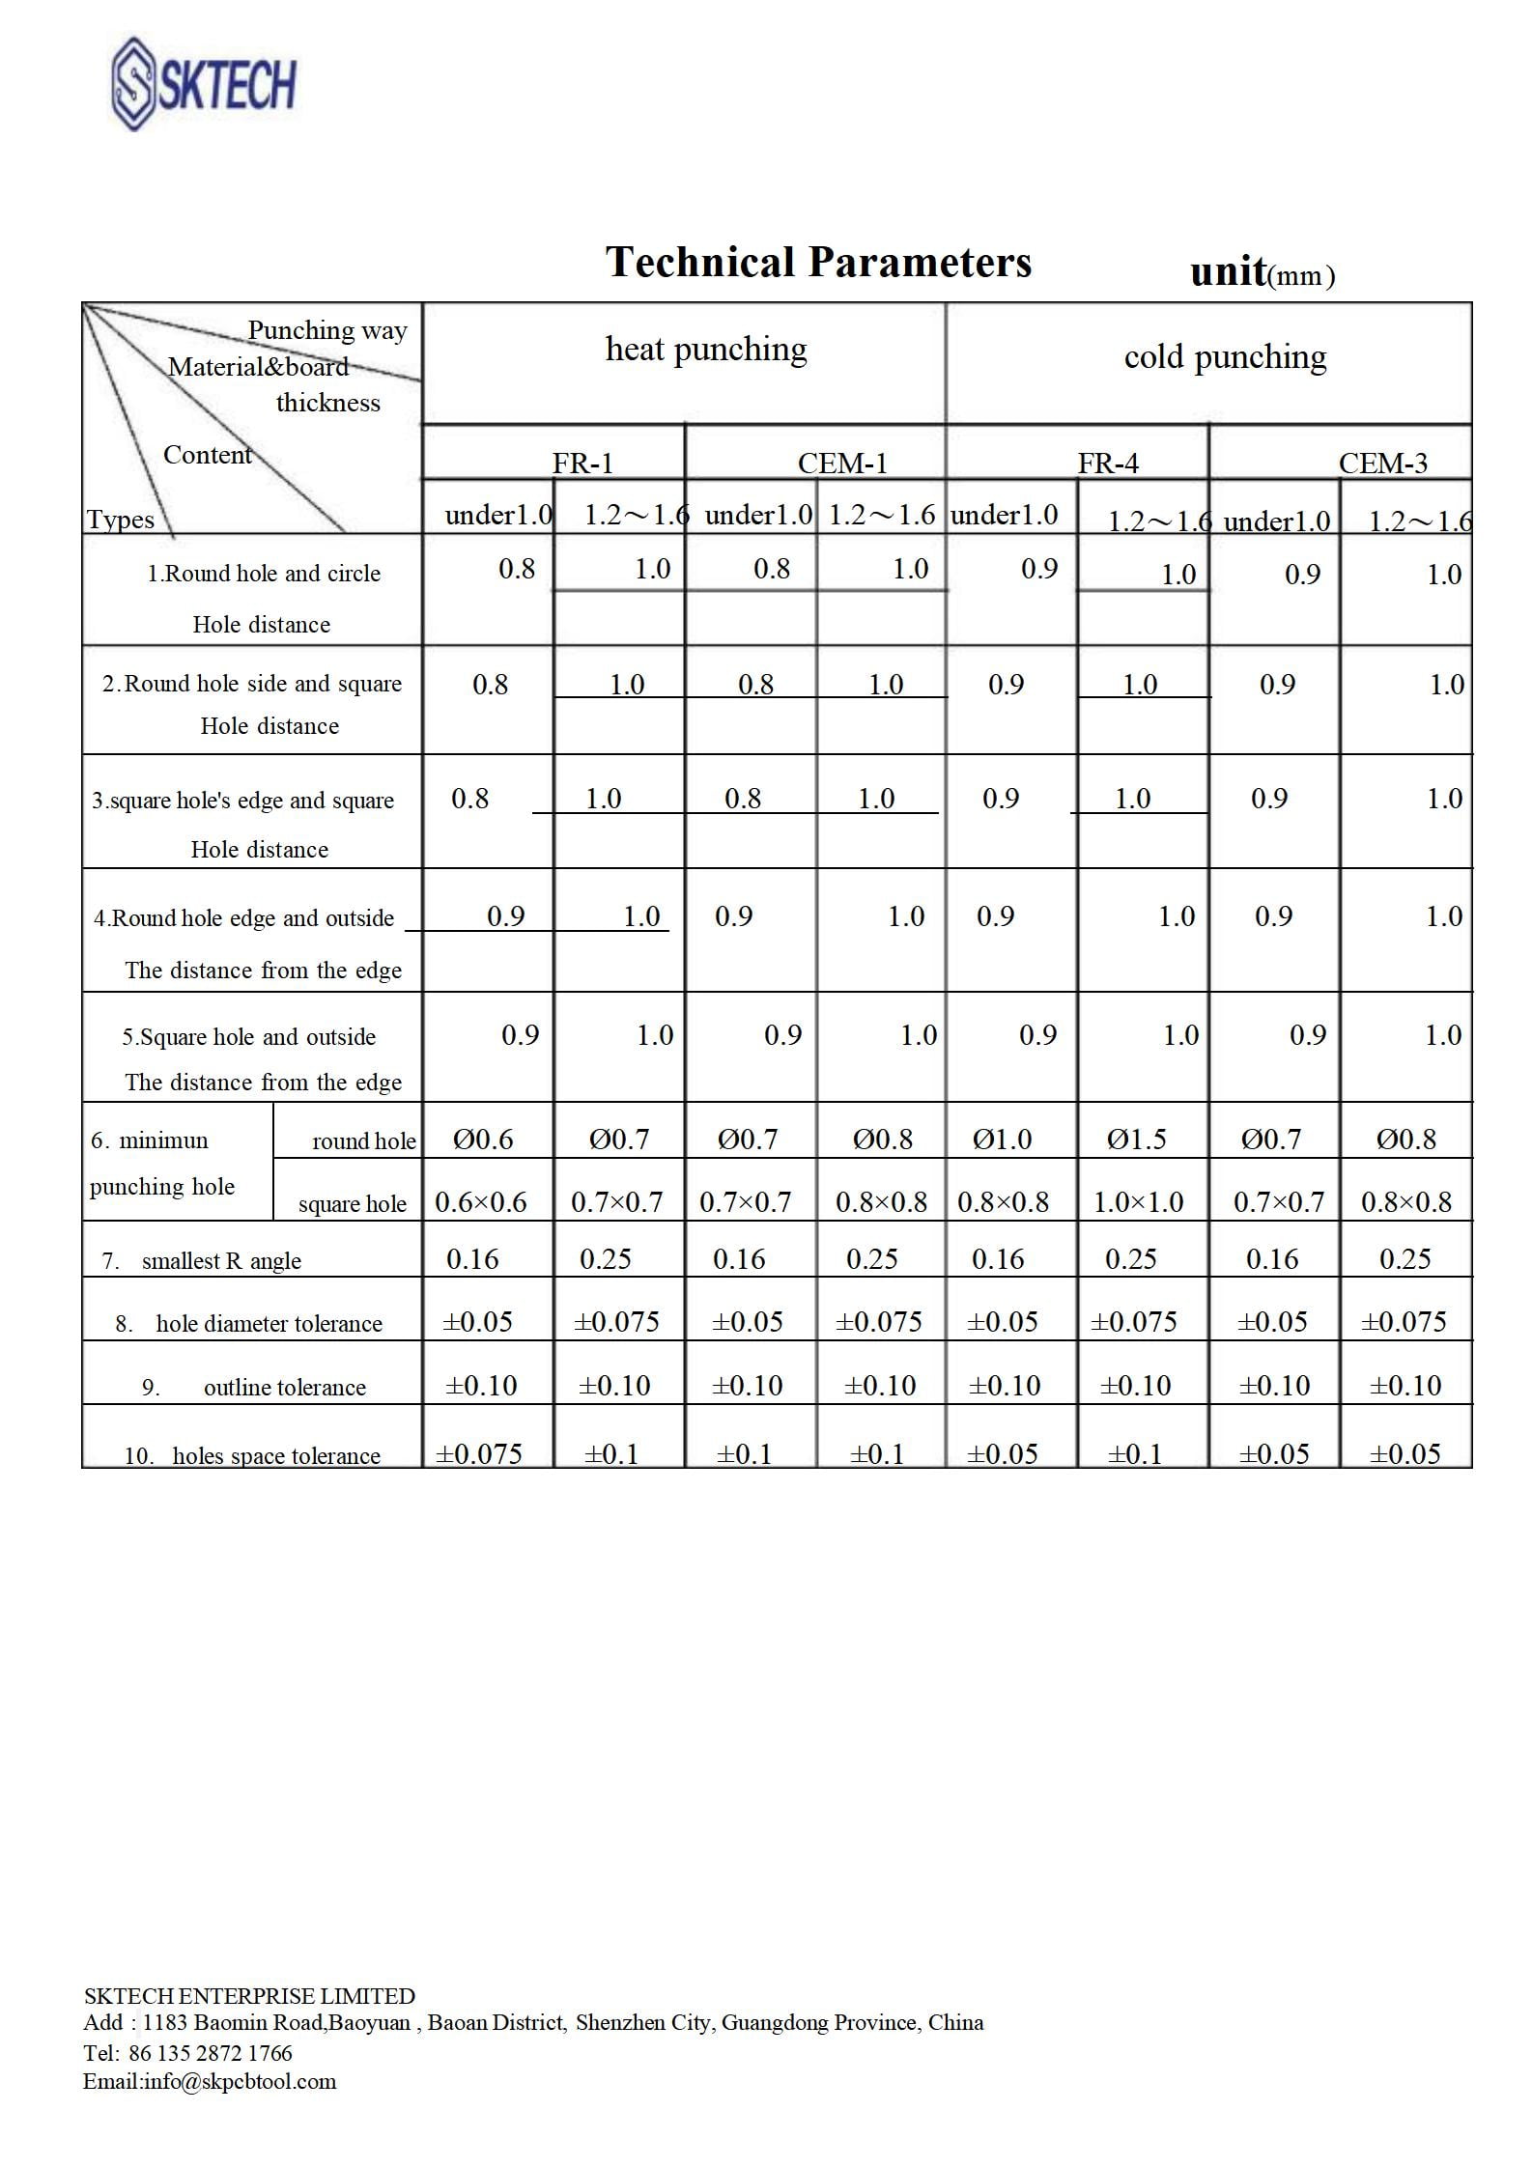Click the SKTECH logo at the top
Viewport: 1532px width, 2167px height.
204,84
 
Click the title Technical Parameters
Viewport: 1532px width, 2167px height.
818,263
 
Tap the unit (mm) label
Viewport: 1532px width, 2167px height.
1262,273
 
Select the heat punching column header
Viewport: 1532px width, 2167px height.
706,350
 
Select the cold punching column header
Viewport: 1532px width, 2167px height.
1225,357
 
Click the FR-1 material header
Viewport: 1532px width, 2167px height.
582,464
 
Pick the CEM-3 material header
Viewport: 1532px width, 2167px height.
1382,464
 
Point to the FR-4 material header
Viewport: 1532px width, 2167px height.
1108,464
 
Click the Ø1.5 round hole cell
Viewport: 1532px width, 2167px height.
1136,1140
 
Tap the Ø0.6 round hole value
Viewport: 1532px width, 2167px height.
483,1140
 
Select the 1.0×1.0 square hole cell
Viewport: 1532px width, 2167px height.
1138,1202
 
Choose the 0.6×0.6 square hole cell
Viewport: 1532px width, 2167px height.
481,1202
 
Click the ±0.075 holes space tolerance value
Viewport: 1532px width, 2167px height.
479,1453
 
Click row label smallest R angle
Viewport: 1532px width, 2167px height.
221,1260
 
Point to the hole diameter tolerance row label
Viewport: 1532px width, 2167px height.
269,1323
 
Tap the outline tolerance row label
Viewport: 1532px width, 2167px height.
284,1387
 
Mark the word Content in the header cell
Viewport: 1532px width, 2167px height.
207,455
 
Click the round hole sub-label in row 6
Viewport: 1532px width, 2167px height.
363,1141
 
